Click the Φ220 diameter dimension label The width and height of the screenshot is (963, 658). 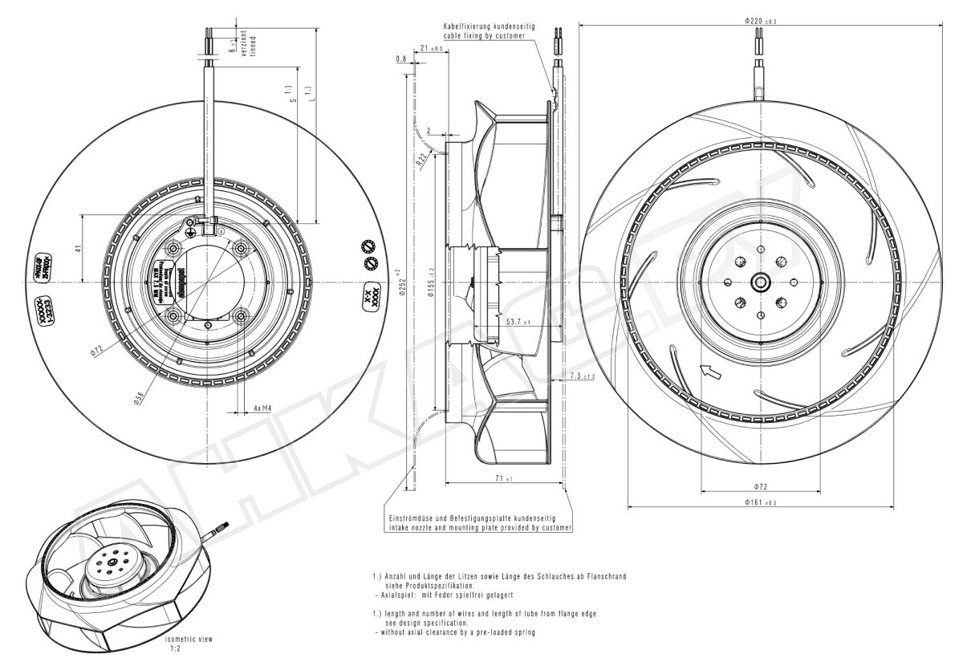pyautogui.click(x=759, y=21)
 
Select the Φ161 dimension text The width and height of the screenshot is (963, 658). pyautogui.click(x=759, y=502)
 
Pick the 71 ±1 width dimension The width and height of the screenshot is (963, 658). pyautogui.click(x=503, y=479)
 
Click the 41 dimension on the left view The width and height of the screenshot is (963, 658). pyautogui.click(x=78, y=248)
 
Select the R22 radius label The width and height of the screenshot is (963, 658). pyautogui.click(x=420, y=159)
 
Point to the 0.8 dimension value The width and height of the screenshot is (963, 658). pyautogui.click(x=400, y=59)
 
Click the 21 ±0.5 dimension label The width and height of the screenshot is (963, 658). pyautogui.click(x=432, y=49)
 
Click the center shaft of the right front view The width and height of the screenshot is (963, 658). pyautogui.click(x=759, y=282)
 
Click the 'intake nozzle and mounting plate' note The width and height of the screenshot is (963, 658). pyautogui.click(x=479, y=528)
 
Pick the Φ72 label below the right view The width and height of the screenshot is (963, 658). pyautogui.click(x=759, y=487)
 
